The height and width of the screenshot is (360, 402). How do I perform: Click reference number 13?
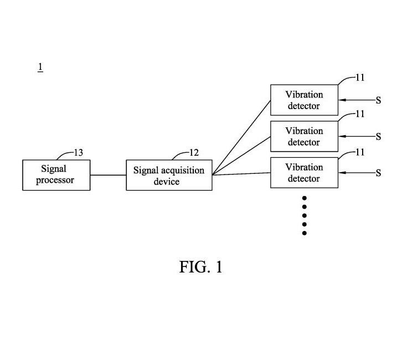click(x=79, y=153)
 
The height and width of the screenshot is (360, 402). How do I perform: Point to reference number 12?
click(x=194, y=153)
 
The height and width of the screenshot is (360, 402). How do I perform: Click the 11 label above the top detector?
click(x=360, y=78)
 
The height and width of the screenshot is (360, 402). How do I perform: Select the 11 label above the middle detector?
click(x=360, y=114)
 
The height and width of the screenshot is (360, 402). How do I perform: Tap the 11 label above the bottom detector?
click(x=360, y=152)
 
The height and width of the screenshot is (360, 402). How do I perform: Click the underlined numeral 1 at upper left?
click(x=40, y=67)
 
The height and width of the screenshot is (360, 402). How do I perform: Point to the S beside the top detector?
click(x=378, y=100)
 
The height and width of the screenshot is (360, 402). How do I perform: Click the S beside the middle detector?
click(x=378, y=137)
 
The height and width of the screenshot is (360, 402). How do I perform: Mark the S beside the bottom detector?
click(x=378, y=173)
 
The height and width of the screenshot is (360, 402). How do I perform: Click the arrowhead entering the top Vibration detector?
click(x=342, y=100)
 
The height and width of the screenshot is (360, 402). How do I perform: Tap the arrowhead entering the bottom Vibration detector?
click(x=342, y=173)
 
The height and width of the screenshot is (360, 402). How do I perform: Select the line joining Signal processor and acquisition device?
click(x=108, y=175)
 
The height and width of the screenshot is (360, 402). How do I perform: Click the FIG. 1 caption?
click(x=201, y=267)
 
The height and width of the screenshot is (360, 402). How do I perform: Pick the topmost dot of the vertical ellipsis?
click(x=305, y=198)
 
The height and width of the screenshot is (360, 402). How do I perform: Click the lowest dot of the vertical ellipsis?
click(x=305, y=233)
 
